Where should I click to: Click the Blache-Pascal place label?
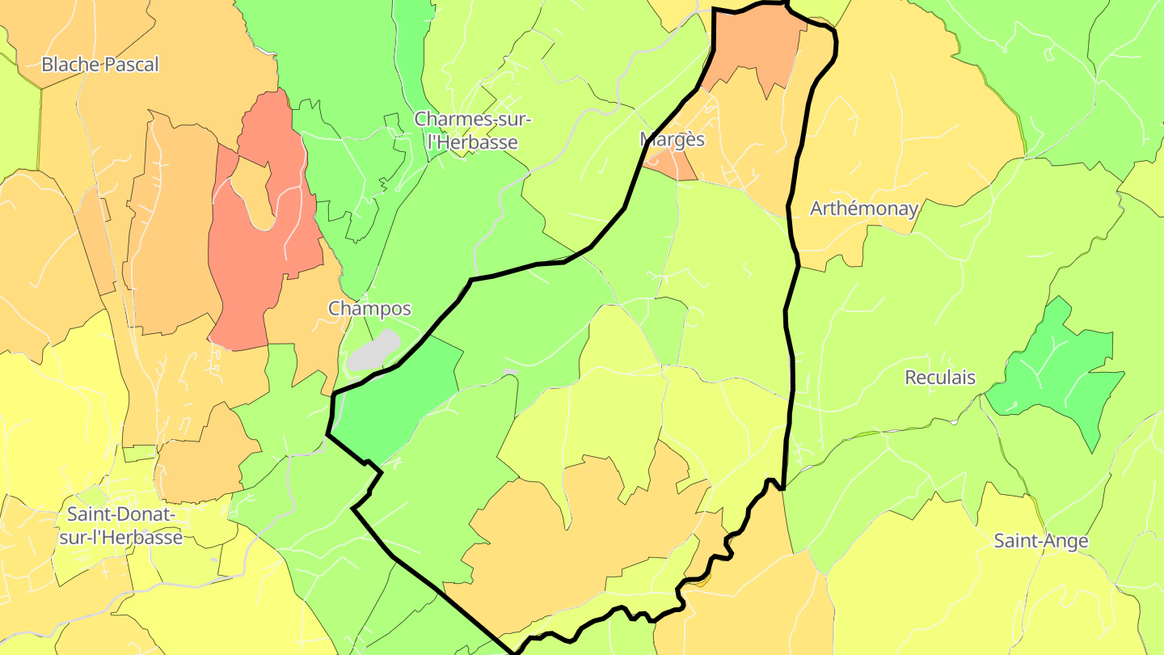pyautogui.click(x=100, y=65)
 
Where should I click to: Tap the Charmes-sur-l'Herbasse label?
pyautogui.click(x=473, y=130)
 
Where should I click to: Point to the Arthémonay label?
pyautogui.click(x=864, y=209)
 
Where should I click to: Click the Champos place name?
pyautogui.click(x=369, y=308)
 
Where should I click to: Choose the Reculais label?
pyautogui.click(x=940, y=378)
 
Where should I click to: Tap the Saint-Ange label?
pyautogui.click(x=1041, y=541)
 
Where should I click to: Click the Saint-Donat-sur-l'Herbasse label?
pyautogui.click(x=120, y=526)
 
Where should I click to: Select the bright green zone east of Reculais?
pyautogui.click(x=1059, y=372)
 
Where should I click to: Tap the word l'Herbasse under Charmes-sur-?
pyautogui.click(x=473, y=142)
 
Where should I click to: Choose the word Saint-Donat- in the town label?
pyautogui.click(x=120, y=514)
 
